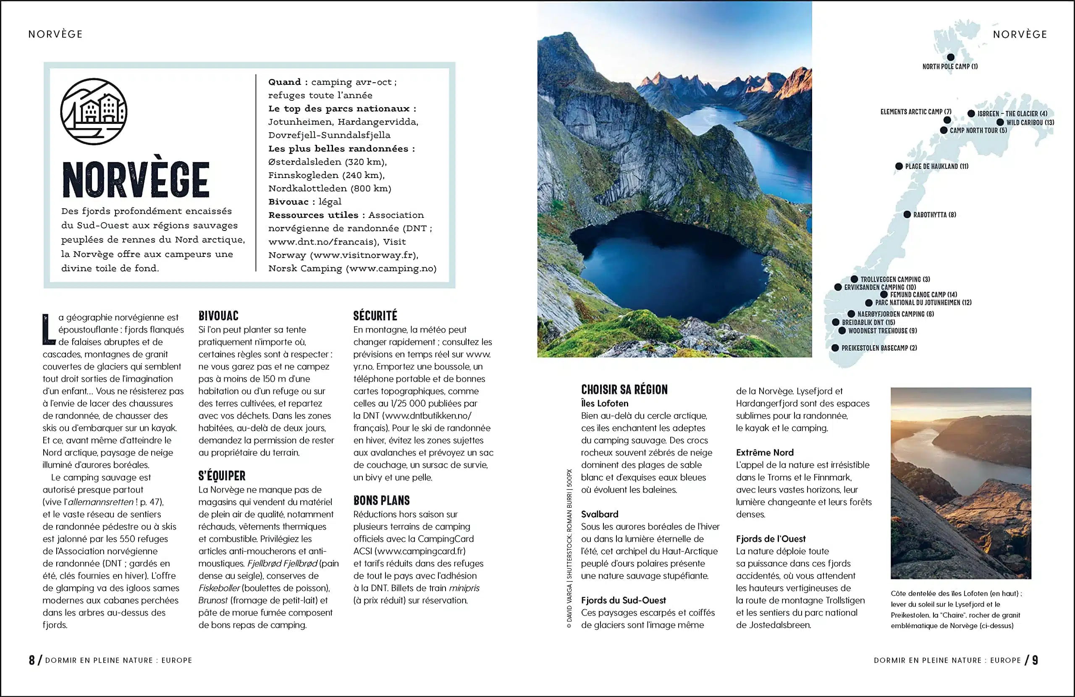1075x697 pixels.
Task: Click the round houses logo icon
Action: pyautogui.click(x=94, y=112)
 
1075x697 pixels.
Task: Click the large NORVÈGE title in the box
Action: pyautogui.click(x=136, y=179)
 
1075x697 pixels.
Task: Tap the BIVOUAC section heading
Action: pyautogui.click(x=218, y=316)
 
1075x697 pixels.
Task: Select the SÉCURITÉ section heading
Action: pyautogui.click(x=375, y=316)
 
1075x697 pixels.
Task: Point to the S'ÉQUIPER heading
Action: pyautogui.click(x=222, y=476)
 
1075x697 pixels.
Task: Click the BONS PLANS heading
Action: pyautogui.click(x=381, y=500)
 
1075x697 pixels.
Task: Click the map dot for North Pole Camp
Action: pyautogui.click(x=950, y=58)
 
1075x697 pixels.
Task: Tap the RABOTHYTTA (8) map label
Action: pyautogui.click(x=934, y=215)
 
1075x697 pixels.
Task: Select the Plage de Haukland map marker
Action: pyautogui.click(x=899, y=166)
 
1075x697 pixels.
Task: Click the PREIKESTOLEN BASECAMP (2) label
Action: pyautogui.click(x=878, y=348)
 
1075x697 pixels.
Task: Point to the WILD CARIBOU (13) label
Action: pyautogui.click(x=1030, y=123)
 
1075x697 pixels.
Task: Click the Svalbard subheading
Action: pyautogui.click(x=599, y=514)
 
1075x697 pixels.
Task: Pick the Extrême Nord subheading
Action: pyautogui.click(x=764, y=453)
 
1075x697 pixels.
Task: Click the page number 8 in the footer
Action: pyautogui.click(x=31, y=660)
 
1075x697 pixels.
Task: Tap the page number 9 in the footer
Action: pyautogui.click(x=1035, y=660)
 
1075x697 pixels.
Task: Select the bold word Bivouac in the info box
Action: pyautogui.click(x=288, y=202)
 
